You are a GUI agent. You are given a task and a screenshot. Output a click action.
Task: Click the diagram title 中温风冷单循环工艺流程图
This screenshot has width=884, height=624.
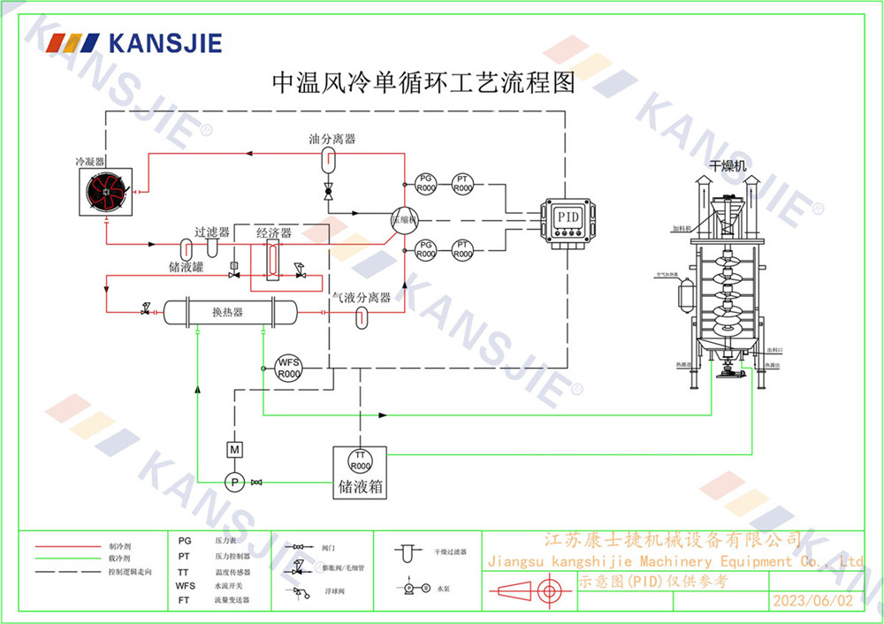click(x=423, y=83)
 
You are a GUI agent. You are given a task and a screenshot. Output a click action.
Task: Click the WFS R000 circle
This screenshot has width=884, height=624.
click(x=289, y=367)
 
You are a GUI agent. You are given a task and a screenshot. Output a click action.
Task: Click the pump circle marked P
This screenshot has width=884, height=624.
click(x=234, y=482)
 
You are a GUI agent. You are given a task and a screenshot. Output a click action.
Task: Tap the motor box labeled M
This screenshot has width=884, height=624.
click(x=234, y=450)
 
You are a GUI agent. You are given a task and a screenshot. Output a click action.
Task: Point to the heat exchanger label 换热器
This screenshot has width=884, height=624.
click(x=228, y=312)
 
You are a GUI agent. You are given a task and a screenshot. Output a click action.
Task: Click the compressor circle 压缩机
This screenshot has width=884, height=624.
click(x=403, y=220)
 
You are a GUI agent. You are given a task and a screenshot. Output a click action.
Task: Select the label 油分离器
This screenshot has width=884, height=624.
click(x=332, y=139)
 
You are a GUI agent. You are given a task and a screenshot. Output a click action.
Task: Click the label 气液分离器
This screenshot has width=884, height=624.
click(x=361, y=298)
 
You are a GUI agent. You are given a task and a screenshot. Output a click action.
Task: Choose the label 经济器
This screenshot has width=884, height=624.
click(x=274, y=232)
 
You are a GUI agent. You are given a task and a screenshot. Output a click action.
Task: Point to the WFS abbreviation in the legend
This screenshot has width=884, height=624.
click(x=185, y=585)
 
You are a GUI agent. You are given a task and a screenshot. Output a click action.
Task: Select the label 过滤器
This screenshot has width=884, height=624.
click(x=212, y=232)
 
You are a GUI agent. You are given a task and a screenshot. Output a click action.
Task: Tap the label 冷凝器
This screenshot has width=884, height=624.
click(x=89, y=162)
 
